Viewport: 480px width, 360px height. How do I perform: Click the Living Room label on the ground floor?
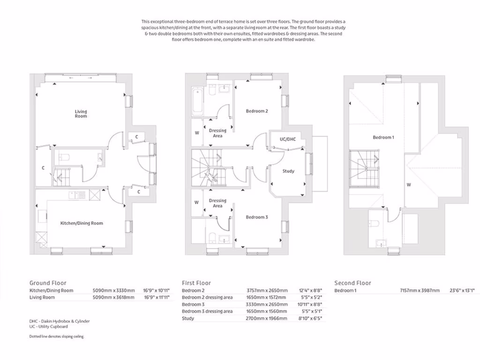(x=81, y=113)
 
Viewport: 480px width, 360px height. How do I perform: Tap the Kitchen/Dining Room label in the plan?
(x=82, y=223)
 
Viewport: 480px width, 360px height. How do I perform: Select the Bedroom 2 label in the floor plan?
(x=257, y=111)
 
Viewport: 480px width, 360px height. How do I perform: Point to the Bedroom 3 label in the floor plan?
(x=257, y=217)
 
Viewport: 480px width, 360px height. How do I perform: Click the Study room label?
(x=288, y=171)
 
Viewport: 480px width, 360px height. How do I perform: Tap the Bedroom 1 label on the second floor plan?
(x=383, y=137)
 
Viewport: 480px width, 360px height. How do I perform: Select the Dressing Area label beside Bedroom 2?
(x=217, y=133)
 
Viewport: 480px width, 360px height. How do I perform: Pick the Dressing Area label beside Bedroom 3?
(x=217, y=203)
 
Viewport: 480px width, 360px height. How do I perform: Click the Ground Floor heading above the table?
(x=48, y=283)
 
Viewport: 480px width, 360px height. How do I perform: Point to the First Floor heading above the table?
(x=196, y=283)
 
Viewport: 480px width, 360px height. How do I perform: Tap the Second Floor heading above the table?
(x=352, y=283)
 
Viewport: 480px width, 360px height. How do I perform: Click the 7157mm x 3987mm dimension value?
(x=420, y=291)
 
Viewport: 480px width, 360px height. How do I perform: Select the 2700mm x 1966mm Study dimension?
(x=267, y=318)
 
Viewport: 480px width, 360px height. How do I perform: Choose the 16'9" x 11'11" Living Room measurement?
(x=156, y=297)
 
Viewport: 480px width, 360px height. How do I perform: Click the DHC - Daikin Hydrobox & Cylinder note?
(x=59, y=321)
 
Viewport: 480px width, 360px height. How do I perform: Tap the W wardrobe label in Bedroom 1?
(x=409, y=185)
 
